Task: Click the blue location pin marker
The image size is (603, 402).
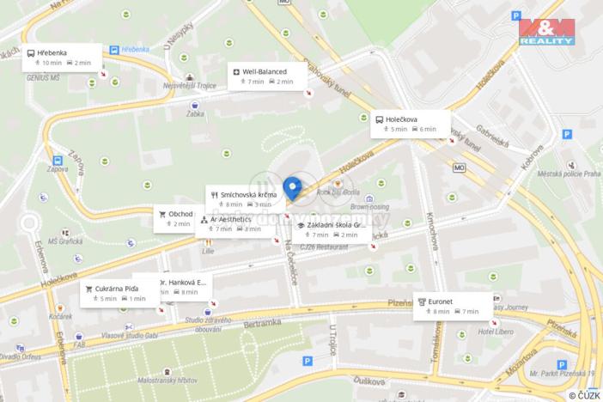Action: [292, 187]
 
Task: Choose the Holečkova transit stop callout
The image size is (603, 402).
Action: [410, 124]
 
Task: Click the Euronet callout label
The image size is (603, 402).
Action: [453, 306]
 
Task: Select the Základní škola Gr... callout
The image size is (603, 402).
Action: [332, 229]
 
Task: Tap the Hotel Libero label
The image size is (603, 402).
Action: [496, 332]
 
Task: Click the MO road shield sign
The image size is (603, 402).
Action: [460, 167]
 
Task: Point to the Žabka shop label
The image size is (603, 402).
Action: [197, 113]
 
